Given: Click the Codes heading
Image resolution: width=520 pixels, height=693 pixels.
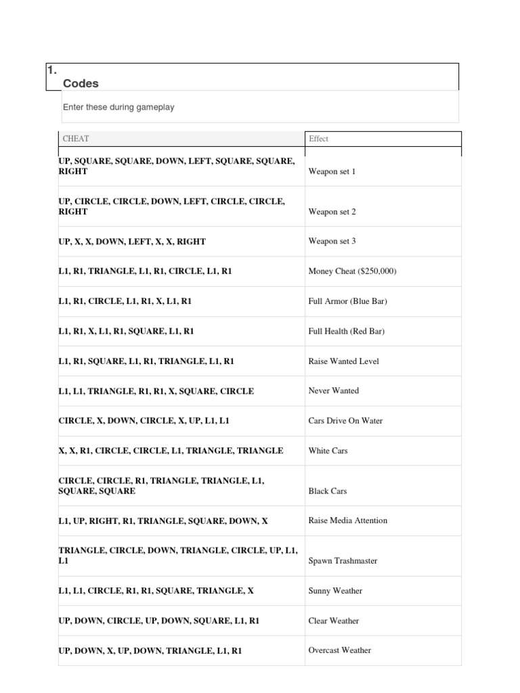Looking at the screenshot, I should (x=81, y=83).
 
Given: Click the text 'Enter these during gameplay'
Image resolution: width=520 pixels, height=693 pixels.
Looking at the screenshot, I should (x=118, y=107).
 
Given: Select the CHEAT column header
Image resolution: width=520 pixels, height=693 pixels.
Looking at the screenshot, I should (x=76, y=139).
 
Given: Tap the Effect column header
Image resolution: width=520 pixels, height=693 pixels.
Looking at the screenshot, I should (x=318, y=139).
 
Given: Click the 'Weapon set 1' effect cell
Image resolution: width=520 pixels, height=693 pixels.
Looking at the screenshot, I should (x=332, y=171).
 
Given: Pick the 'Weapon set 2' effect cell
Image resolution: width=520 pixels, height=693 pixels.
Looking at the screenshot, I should (x=332, y=212).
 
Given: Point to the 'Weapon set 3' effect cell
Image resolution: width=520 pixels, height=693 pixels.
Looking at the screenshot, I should (x=332, y=242).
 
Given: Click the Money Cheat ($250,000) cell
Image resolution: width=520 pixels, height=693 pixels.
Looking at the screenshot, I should (x=352, y=271).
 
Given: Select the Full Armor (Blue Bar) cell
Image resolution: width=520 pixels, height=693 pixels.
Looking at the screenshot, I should (x=347, y=301).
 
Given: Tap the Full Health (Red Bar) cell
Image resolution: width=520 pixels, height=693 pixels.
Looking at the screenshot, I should (x=346, y=331).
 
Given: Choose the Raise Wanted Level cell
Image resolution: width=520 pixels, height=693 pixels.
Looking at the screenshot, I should (x=343, y=361).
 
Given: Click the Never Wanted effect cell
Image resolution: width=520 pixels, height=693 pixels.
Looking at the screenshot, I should (x=333, y=390).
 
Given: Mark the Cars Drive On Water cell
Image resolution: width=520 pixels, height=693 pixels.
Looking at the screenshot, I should (x=345, y=420).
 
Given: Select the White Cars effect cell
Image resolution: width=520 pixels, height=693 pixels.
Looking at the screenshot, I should (x=328, y=450).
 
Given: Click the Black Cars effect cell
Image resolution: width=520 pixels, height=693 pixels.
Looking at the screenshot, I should (x=328, y=491).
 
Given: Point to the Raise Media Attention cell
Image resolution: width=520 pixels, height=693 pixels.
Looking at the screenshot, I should (x=348, y=520).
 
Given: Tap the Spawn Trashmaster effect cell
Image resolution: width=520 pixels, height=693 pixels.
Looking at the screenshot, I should (x=343, y=561).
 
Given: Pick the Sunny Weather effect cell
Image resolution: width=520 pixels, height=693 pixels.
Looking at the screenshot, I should (x=335, y=591).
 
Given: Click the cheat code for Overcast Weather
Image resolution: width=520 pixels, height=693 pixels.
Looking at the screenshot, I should (x=150, y=650).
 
